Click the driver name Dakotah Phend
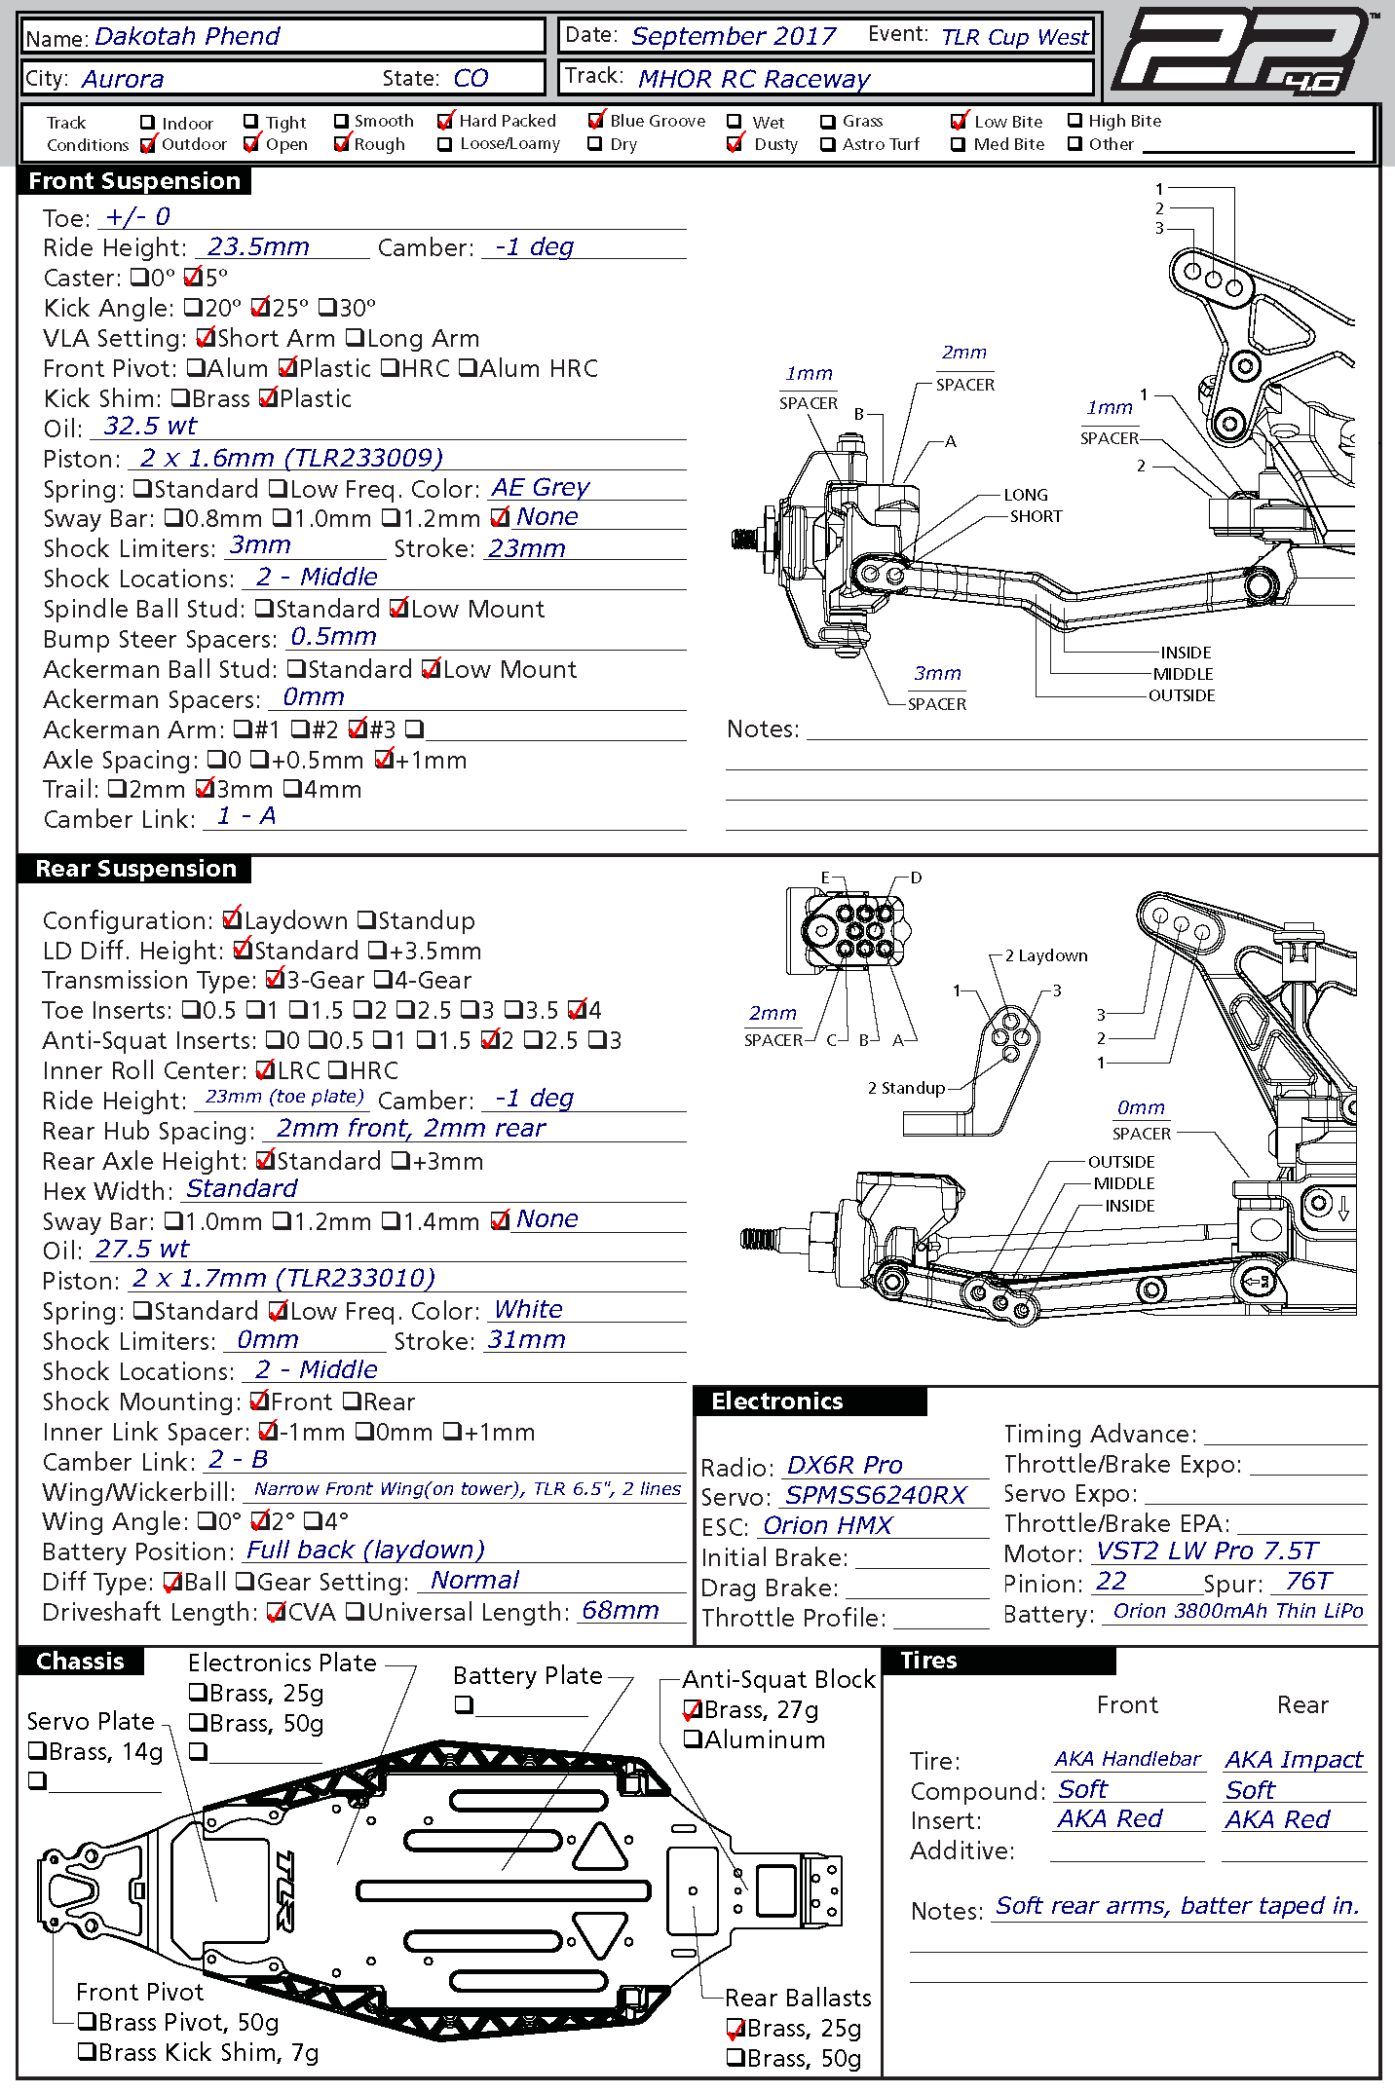(x=187, y=37)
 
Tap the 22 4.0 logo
(x=1243, y=53)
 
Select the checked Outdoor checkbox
(x=148, y=145)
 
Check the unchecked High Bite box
(x=1075, y=121)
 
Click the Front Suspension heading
(x=134, y=181)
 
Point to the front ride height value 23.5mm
(x=258, y=247)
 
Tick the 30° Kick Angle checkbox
(x=328, y=309)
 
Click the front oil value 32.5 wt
(x=150, y=427)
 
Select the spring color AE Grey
(x=541, y=487)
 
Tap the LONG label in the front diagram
(x=1026, y=495)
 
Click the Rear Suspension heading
(x=135, y=869)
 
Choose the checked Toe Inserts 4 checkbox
(x=578, y=1010)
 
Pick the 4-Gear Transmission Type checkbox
(x=384, y=980)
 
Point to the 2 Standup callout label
(x=906, y=1088)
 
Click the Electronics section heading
(x=776, y=1402)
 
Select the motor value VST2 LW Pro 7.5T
(x=1206, y=1551)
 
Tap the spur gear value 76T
(x=1307, y=1582)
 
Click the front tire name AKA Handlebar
(x=1127, y=1759)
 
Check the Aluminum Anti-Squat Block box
(x=694, y=1739)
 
